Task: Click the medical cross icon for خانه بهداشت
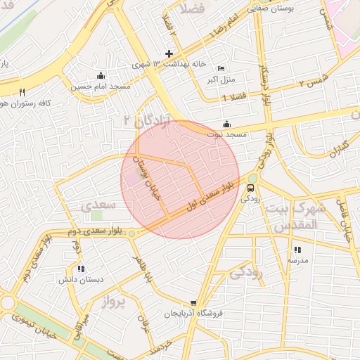click(x=169, y=53)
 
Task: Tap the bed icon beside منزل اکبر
click(x=221, y=68)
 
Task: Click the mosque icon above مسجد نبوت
click(x=225, y=124)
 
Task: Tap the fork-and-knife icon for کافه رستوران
click(x=22, y=92)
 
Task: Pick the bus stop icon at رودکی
click(x=251, y=188)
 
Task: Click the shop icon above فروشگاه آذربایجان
click(x=193, y=303)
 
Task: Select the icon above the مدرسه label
click(x=297, y=250)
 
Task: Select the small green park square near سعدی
click(x=96, y=215)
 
